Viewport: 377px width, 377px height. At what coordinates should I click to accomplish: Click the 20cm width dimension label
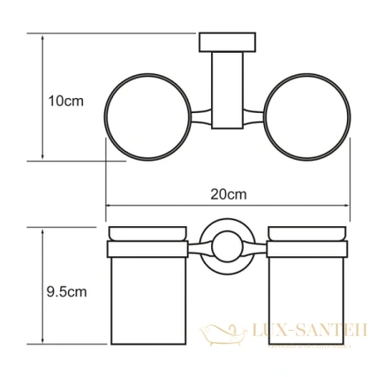click(229, 194)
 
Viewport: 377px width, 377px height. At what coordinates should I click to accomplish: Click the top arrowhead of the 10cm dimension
click(41, 37)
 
